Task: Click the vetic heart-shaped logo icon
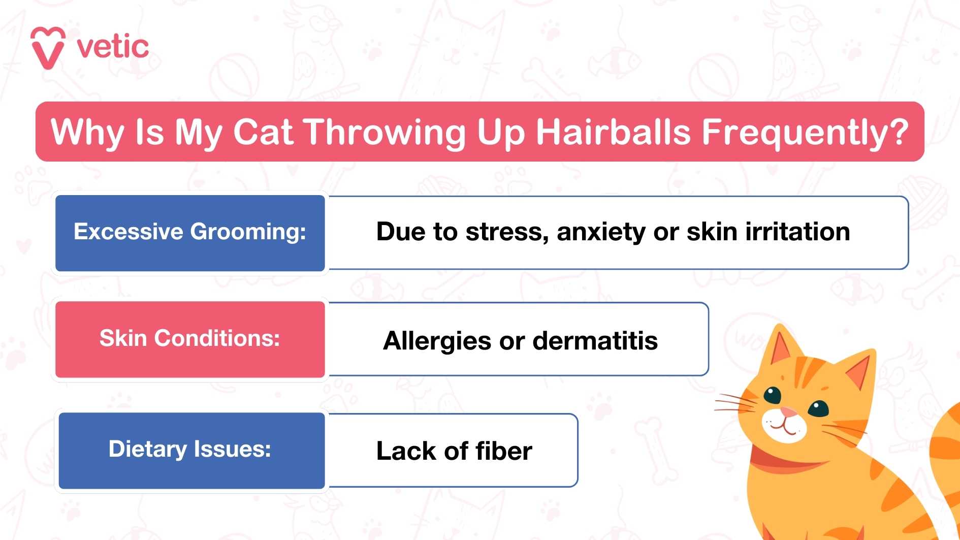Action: pos(48,47)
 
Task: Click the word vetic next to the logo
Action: pos(113,47)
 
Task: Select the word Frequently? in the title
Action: pos(805,132)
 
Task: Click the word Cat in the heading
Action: pos(263,132)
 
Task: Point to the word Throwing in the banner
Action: pos(385,132)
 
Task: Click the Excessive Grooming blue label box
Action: pos(190,233)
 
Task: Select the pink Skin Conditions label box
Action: pos(190,339)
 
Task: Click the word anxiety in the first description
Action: pos(600,232)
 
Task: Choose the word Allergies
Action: pos(437,341)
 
